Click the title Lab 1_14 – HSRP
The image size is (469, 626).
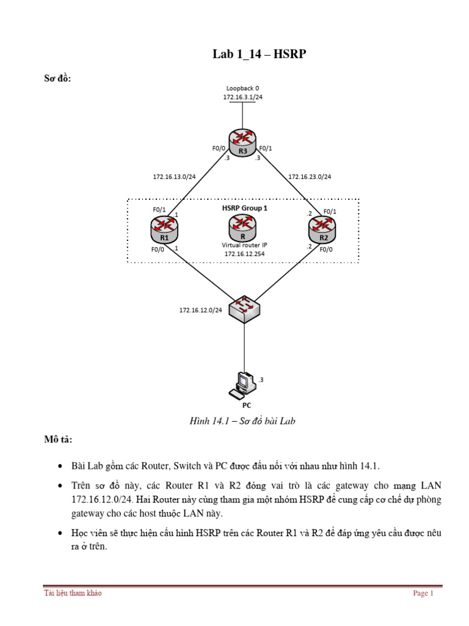259,55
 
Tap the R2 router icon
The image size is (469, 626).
323,230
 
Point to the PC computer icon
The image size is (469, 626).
241,385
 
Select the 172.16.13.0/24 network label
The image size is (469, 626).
174,177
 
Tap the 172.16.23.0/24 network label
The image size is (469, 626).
310,177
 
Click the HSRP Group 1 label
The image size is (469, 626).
244,208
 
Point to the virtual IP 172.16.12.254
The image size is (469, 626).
244,252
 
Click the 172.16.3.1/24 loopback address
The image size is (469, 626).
242,97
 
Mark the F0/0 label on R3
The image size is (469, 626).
218,147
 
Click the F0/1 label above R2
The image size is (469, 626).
329,212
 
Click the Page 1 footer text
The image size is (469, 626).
423,593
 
